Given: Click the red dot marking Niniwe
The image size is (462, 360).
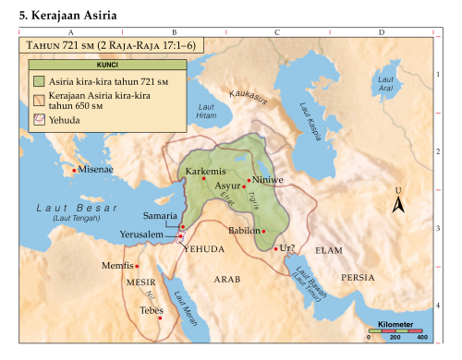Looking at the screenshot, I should (248, 181).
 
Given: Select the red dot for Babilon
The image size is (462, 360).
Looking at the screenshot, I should (263, 231).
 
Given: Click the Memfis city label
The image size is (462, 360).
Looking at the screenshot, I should (117, 266).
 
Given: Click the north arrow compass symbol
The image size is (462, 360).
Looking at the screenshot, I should (399, 204).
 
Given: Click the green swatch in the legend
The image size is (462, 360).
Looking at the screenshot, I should (39, 80).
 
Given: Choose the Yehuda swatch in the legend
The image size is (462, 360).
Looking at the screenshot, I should (39, 118).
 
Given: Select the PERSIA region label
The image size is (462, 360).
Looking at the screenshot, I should (358, 277).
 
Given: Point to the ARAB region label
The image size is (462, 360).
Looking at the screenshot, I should (226, 278).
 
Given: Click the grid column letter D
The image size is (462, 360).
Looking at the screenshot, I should (382, 32).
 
